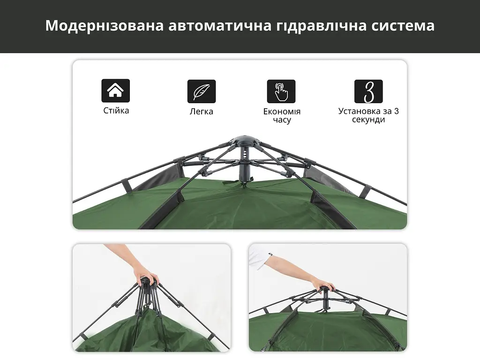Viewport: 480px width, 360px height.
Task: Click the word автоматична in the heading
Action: point(220,26)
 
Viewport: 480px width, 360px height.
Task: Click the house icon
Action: point(115,90)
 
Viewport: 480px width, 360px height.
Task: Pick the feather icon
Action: point(202,91)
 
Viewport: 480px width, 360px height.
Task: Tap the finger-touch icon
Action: point(281,91)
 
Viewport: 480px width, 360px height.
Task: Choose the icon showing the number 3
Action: point(368,91)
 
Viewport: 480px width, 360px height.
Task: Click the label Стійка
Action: point(116,111)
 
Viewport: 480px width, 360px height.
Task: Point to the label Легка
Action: point(201,112)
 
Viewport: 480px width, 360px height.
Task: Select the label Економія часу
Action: point(282,115)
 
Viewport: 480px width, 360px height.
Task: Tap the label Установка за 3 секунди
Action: point(368,115)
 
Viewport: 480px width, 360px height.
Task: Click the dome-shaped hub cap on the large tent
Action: point(245,141)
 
